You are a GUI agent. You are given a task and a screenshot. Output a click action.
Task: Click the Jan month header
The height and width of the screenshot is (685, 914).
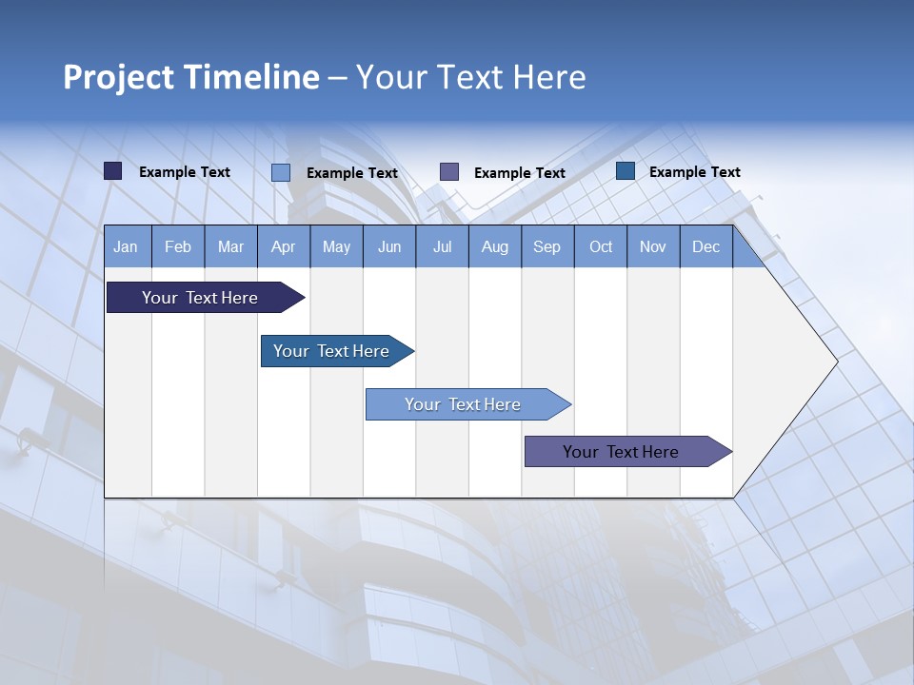click(126, 246)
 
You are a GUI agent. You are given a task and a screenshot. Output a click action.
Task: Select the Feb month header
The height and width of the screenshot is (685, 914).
click(178, 246)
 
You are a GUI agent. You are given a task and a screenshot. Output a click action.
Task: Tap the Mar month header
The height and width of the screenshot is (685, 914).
click(230, 246)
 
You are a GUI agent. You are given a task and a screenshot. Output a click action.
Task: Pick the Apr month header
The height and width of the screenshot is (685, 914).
click(284, 246)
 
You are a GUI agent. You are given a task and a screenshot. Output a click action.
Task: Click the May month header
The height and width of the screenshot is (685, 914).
click(336, 246)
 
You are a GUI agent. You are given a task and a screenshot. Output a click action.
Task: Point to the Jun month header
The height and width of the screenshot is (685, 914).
click(389, 246)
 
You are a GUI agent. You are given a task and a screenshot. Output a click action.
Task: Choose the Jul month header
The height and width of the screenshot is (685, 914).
click(442, 246)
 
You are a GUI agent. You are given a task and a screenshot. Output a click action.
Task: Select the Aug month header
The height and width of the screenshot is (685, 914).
click(495, 246)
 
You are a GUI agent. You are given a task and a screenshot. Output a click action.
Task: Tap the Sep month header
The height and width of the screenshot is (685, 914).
click(547, 246)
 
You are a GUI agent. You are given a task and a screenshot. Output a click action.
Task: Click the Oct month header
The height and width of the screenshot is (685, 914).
click(601, 246)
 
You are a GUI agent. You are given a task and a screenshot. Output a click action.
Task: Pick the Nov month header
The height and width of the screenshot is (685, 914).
click(653, 246)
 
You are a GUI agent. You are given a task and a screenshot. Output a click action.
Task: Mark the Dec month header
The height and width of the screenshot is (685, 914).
click(706, 246)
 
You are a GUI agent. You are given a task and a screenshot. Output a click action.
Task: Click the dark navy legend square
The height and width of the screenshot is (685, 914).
click(113, 171)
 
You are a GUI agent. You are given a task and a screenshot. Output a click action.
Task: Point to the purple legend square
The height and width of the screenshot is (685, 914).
click(449, 171)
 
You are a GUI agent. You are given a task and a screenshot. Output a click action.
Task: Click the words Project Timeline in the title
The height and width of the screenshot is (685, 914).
click(191, 77)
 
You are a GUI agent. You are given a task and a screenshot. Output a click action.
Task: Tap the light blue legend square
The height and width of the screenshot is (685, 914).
click(281, 172)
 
